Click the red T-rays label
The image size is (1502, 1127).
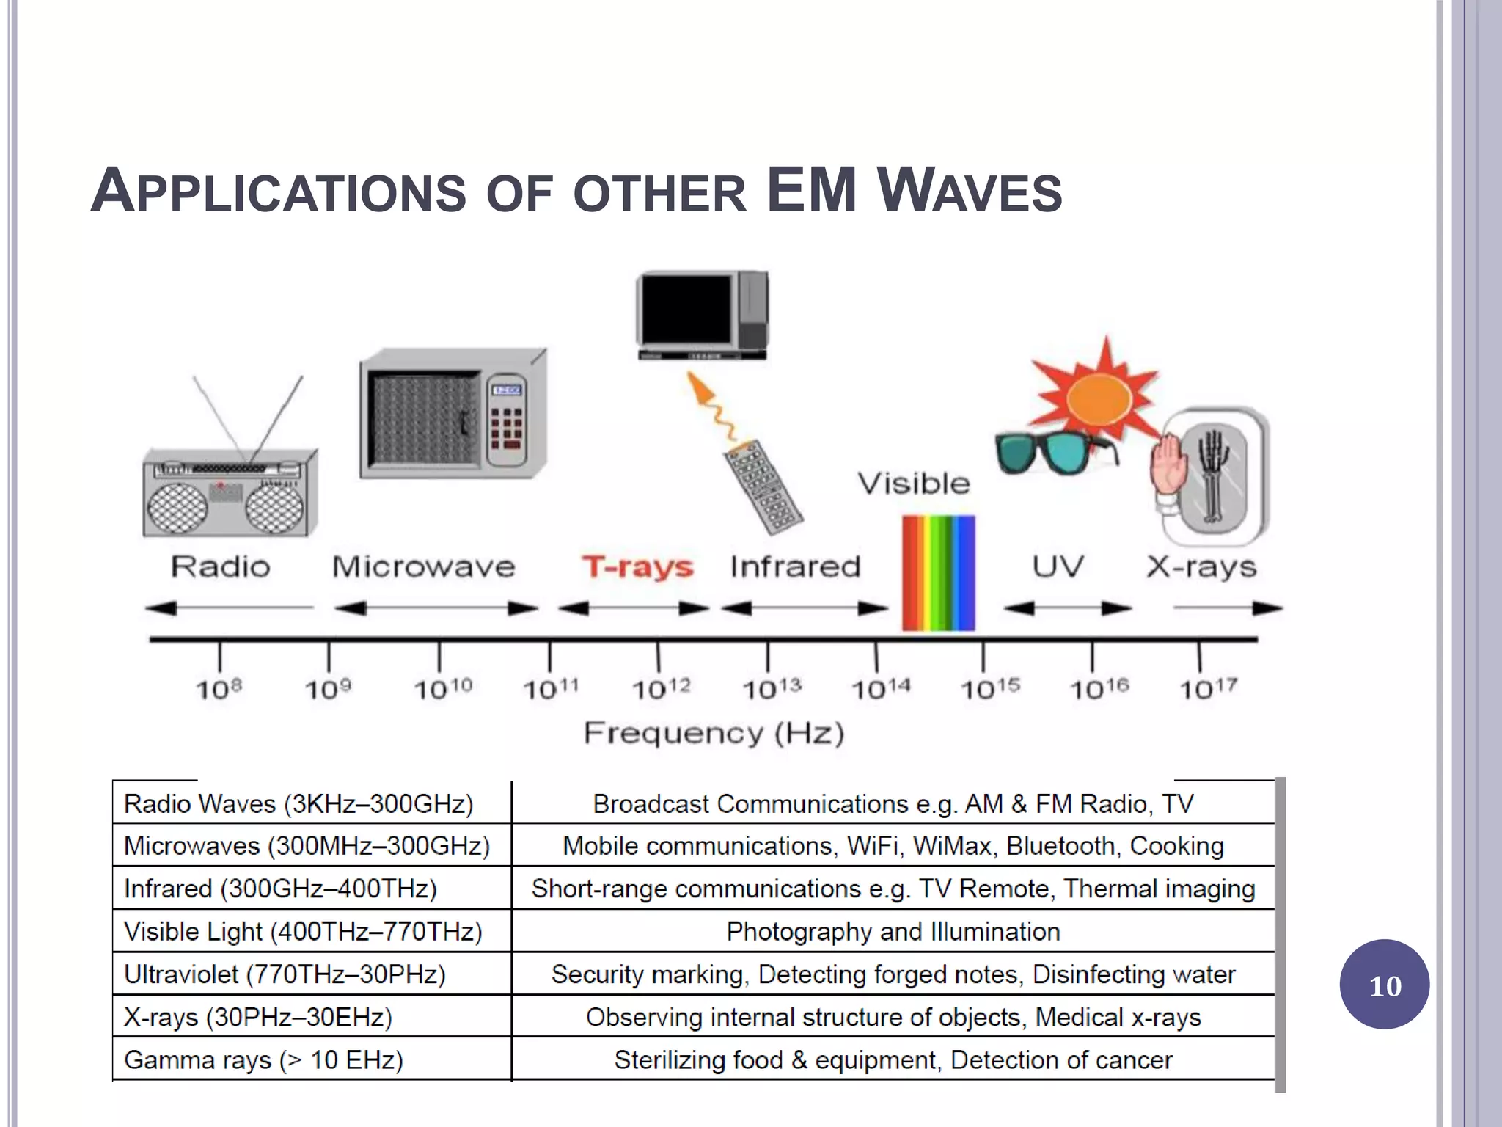pos(637,567)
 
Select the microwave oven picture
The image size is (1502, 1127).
pos(453,415)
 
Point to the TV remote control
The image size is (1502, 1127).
pos(763,487)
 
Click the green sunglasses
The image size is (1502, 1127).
pos(1053,451)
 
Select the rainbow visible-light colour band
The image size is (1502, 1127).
pos(938,572)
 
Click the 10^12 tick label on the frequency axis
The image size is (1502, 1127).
pos(661,689)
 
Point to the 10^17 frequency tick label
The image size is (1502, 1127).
pos(1208,688)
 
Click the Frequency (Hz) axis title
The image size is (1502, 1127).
pos(714,733)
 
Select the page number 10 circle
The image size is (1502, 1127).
pos(1384,985)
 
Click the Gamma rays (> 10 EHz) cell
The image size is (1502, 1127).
pos(264,1060)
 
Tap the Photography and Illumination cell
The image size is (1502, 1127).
pos(893,932)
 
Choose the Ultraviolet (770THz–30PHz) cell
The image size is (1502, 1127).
pos(285,974)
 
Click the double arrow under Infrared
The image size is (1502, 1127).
pos(805,608)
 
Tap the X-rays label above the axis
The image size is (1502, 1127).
pos(1201,566)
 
